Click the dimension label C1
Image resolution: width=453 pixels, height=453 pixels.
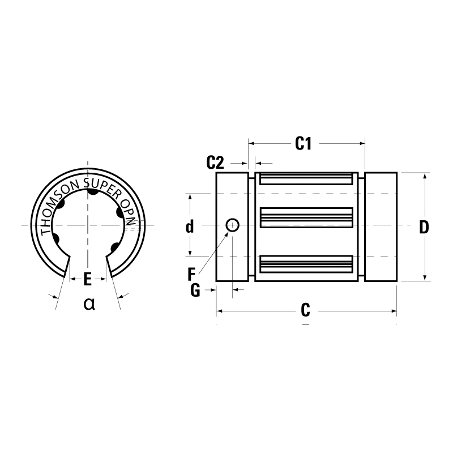point(304,144)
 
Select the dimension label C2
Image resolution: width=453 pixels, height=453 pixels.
point(215,164)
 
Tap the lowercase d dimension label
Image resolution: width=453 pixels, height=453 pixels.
point(190,227)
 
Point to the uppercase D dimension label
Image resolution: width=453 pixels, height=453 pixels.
point(424,227)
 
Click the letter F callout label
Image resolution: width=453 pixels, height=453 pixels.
point(191,275)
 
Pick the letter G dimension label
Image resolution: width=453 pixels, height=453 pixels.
point(195,290)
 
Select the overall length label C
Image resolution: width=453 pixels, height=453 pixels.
point(305,310)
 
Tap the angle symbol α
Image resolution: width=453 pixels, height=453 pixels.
point(89,304)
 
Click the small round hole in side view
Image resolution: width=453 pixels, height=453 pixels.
point(232,225)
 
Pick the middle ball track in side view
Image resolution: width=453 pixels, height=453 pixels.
point(306,218)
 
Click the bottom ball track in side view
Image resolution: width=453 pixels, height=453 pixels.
point(306,262)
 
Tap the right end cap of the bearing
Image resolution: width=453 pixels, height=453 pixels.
point(381,226)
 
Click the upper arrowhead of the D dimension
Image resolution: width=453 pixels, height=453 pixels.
point(425,176)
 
